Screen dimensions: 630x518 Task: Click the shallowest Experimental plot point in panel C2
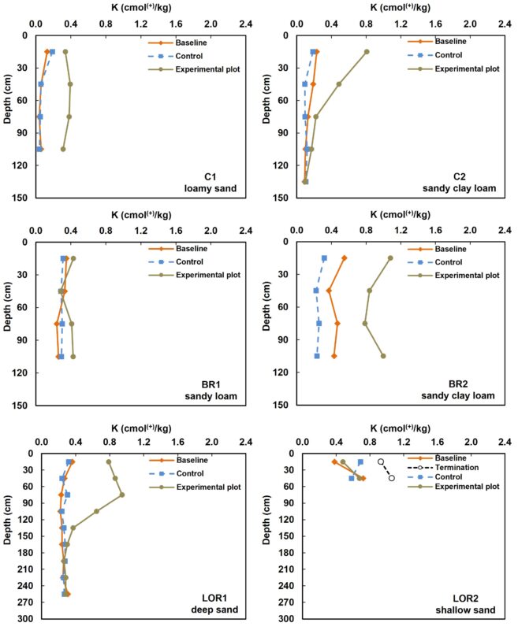367,52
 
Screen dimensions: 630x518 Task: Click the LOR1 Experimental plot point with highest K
122,495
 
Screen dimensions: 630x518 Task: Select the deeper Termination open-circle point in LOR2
392,478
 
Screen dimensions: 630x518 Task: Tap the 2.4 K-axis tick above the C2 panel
505,24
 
